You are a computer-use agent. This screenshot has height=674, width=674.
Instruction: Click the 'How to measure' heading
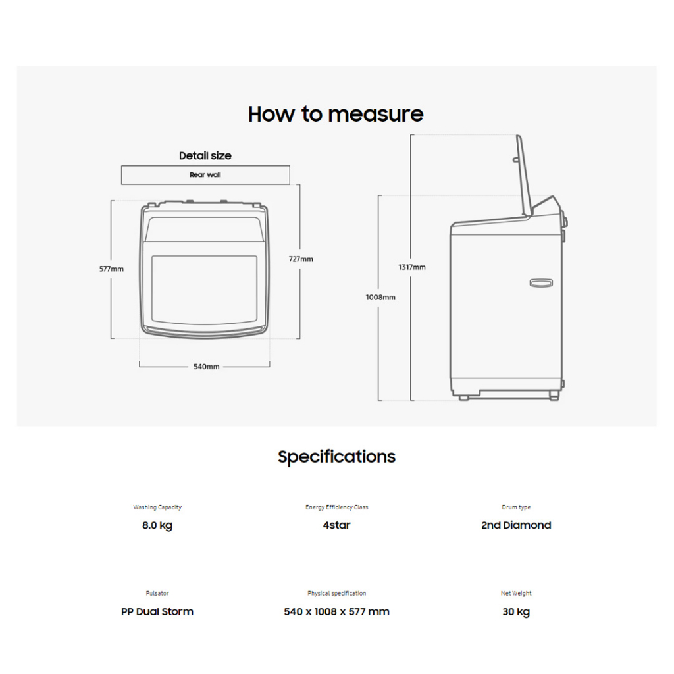[336, 114]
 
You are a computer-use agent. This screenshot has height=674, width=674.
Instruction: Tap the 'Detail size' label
[205, 156]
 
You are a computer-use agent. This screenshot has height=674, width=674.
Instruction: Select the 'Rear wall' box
[205, 175]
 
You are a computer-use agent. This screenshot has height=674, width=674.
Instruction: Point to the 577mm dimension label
[111, 269]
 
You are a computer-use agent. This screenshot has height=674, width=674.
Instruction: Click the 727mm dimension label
[301, 259]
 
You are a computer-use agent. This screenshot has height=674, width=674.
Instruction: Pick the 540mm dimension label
[206, 366]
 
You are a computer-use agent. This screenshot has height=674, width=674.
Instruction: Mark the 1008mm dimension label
[380, 297]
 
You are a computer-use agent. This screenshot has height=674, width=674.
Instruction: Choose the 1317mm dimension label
[412, 267]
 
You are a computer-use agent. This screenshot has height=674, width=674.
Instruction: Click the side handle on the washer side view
[541, 282]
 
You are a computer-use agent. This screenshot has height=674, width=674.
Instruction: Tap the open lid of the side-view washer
[524, 174]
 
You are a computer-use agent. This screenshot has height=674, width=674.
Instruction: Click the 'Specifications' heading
[336, 457]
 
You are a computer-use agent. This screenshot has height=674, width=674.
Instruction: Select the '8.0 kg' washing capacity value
[157, 525]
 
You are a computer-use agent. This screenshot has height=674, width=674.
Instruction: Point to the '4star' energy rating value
[336, 525]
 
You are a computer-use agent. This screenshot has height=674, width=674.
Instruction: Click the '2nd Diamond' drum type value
[516, 525]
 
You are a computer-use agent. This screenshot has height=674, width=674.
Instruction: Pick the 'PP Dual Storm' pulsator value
[157, 611]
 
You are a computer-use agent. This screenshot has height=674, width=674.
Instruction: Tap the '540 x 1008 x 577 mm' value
[336, 611]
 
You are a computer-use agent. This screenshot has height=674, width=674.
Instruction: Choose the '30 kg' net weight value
[516, 611]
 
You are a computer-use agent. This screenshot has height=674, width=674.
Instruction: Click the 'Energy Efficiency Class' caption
[336, 507]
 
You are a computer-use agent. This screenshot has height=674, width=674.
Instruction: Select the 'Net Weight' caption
[516, 593]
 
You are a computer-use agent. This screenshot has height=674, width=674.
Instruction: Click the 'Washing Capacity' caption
[157, 507]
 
